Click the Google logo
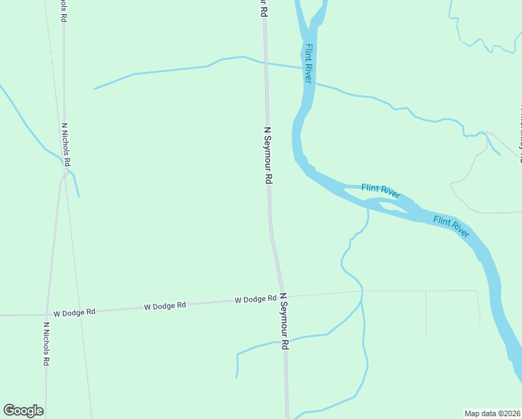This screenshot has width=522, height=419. pyautogui.click(x=23, y=411)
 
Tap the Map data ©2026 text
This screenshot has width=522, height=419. pyautogui.click(x=493, y=413)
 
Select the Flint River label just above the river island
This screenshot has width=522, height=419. pyautogui.click(x=380, y=191)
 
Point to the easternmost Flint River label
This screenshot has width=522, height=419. pyautogui.click(x=452, y=226)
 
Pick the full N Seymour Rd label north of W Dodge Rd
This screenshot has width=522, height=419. pyautogui.click(x=267, y=155)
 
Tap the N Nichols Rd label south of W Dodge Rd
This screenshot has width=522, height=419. pyautogui.click(x=47, y=344)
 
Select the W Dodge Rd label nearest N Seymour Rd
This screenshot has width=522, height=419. pyautogui.click(x=255, y=300)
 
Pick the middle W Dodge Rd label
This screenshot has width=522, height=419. pyautogui.click(x=165, y=306)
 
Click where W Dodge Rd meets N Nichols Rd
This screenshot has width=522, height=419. pyautogui.click(x=47, y=315)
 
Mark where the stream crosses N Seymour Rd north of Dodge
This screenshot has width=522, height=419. pyautogui.click(x=264, y=62)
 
